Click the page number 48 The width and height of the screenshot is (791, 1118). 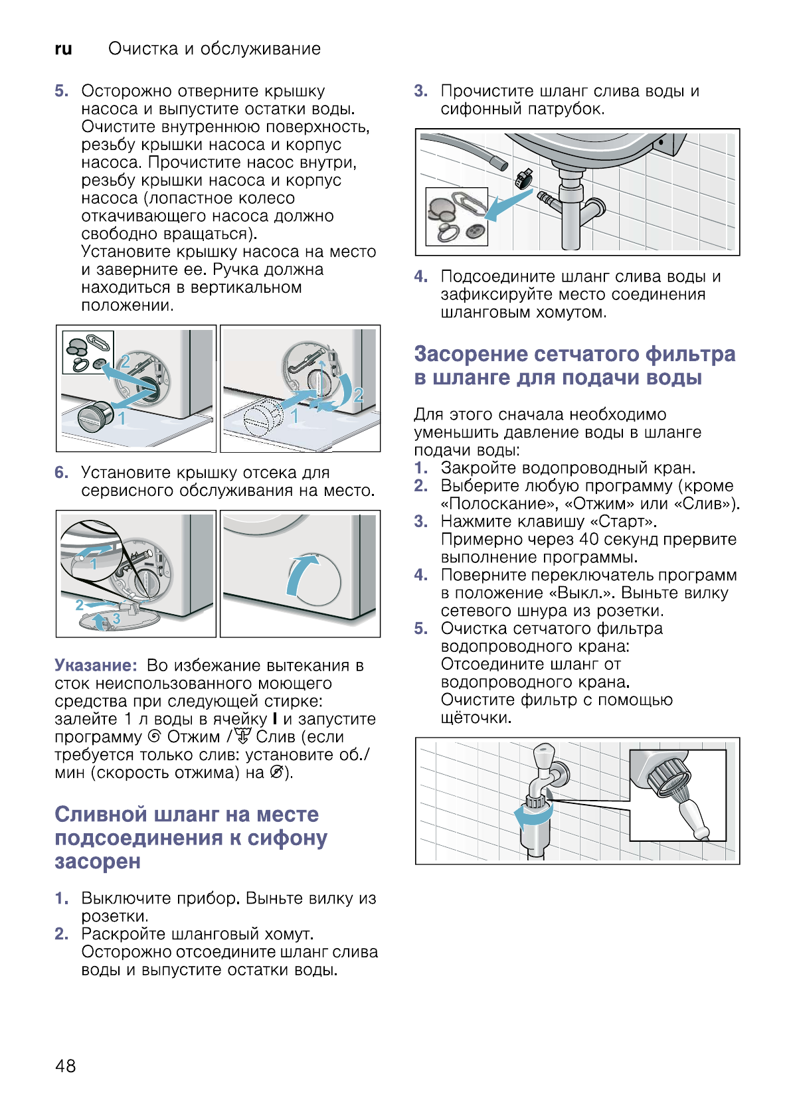pyautogui.click(x=66, y=1066)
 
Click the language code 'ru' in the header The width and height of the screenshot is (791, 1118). pyautogui.click(x=63, y=49)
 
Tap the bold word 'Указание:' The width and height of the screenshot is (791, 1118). pyautogui.click(x=96, y=665)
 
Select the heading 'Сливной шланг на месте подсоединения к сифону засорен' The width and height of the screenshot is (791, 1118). pyautogui.click(x=190, y=838)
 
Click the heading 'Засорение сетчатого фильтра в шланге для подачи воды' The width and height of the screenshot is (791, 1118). pyautogui.click(x=574, y=366)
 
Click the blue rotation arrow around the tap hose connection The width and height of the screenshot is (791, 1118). pyautogui.click(x=531, y=817)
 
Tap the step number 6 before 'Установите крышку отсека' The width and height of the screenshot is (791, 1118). pyautogui.click(x=62, y=473)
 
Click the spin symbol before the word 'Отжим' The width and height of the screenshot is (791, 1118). pyautogui.click(x=155, y=737)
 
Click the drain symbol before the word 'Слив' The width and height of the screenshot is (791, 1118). pyautogui.click(x=243, y=737)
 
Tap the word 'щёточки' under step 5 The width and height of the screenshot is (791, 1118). pyautogui.click(x=476, y=718)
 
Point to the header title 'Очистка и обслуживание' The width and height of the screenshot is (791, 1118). pyautogui.click(x=215, y=49)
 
